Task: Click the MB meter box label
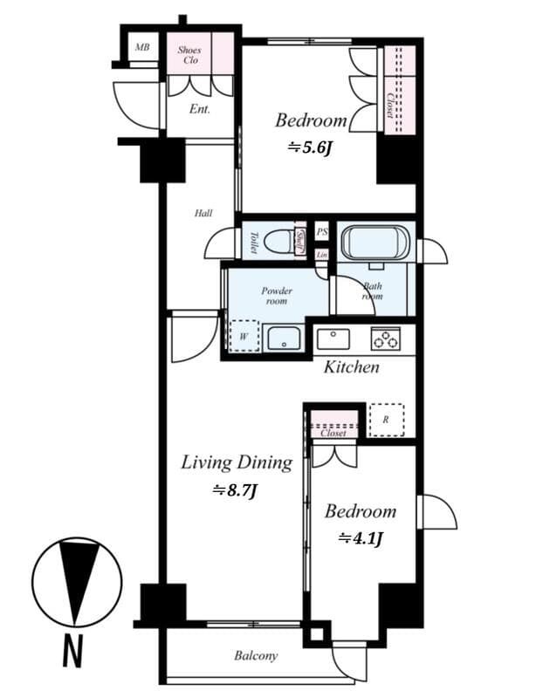[140, 47]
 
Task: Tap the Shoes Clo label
[189, 55]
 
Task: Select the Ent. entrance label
[200, 110]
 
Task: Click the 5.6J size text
[311, 149]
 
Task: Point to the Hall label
[203, 213]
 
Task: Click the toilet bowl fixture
[275, 240]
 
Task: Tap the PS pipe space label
[321, 232]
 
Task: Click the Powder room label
[277, 296]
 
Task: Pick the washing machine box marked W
[244, 335]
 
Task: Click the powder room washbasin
[284, 337]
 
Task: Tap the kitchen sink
[333, 339]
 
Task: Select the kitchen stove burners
[385, 338]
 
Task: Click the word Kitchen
[351, 367]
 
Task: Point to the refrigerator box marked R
[385, 420]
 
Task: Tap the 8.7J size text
[235, 491]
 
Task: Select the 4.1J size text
[361, 538]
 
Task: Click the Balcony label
[256, 656]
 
